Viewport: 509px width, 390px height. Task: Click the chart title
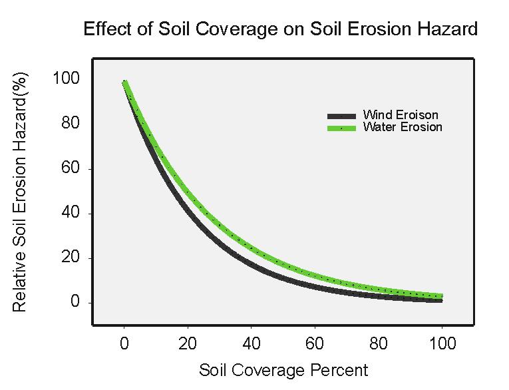point(280,30)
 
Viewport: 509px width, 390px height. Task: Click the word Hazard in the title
point(445,30)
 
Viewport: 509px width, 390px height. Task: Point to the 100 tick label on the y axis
point(66,79)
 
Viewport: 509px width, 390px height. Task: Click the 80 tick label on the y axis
point(70,124)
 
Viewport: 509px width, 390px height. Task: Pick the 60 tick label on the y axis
point(70,168)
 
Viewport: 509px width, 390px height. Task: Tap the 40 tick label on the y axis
point(70,214)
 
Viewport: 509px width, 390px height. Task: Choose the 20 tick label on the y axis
point(70,258)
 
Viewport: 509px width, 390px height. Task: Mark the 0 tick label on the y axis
point(75,303)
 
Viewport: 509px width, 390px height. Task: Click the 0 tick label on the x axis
point(124,345)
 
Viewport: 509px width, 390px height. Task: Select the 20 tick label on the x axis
point(188,345)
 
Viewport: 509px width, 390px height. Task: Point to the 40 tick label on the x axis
point(252,345)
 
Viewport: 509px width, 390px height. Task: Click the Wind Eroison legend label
point(401,116)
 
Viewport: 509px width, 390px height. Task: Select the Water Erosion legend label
point(403,127)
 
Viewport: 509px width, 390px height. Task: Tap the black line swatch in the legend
point(342,116)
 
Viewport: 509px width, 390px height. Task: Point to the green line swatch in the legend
point(342,127)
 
